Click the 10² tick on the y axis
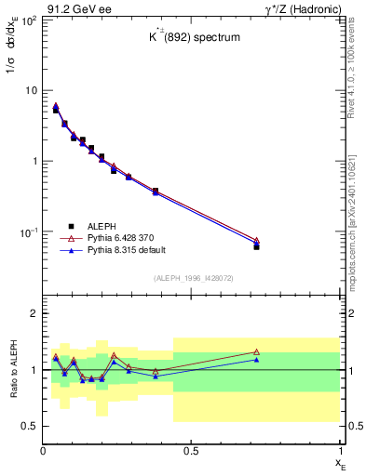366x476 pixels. [28, 20]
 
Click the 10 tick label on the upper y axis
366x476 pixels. [30, 90]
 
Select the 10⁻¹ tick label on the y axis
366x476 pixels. [28, 231]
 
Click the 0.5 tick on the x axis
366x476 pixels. [191, 450]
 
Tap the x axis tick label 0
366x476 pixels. [44, 450]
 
